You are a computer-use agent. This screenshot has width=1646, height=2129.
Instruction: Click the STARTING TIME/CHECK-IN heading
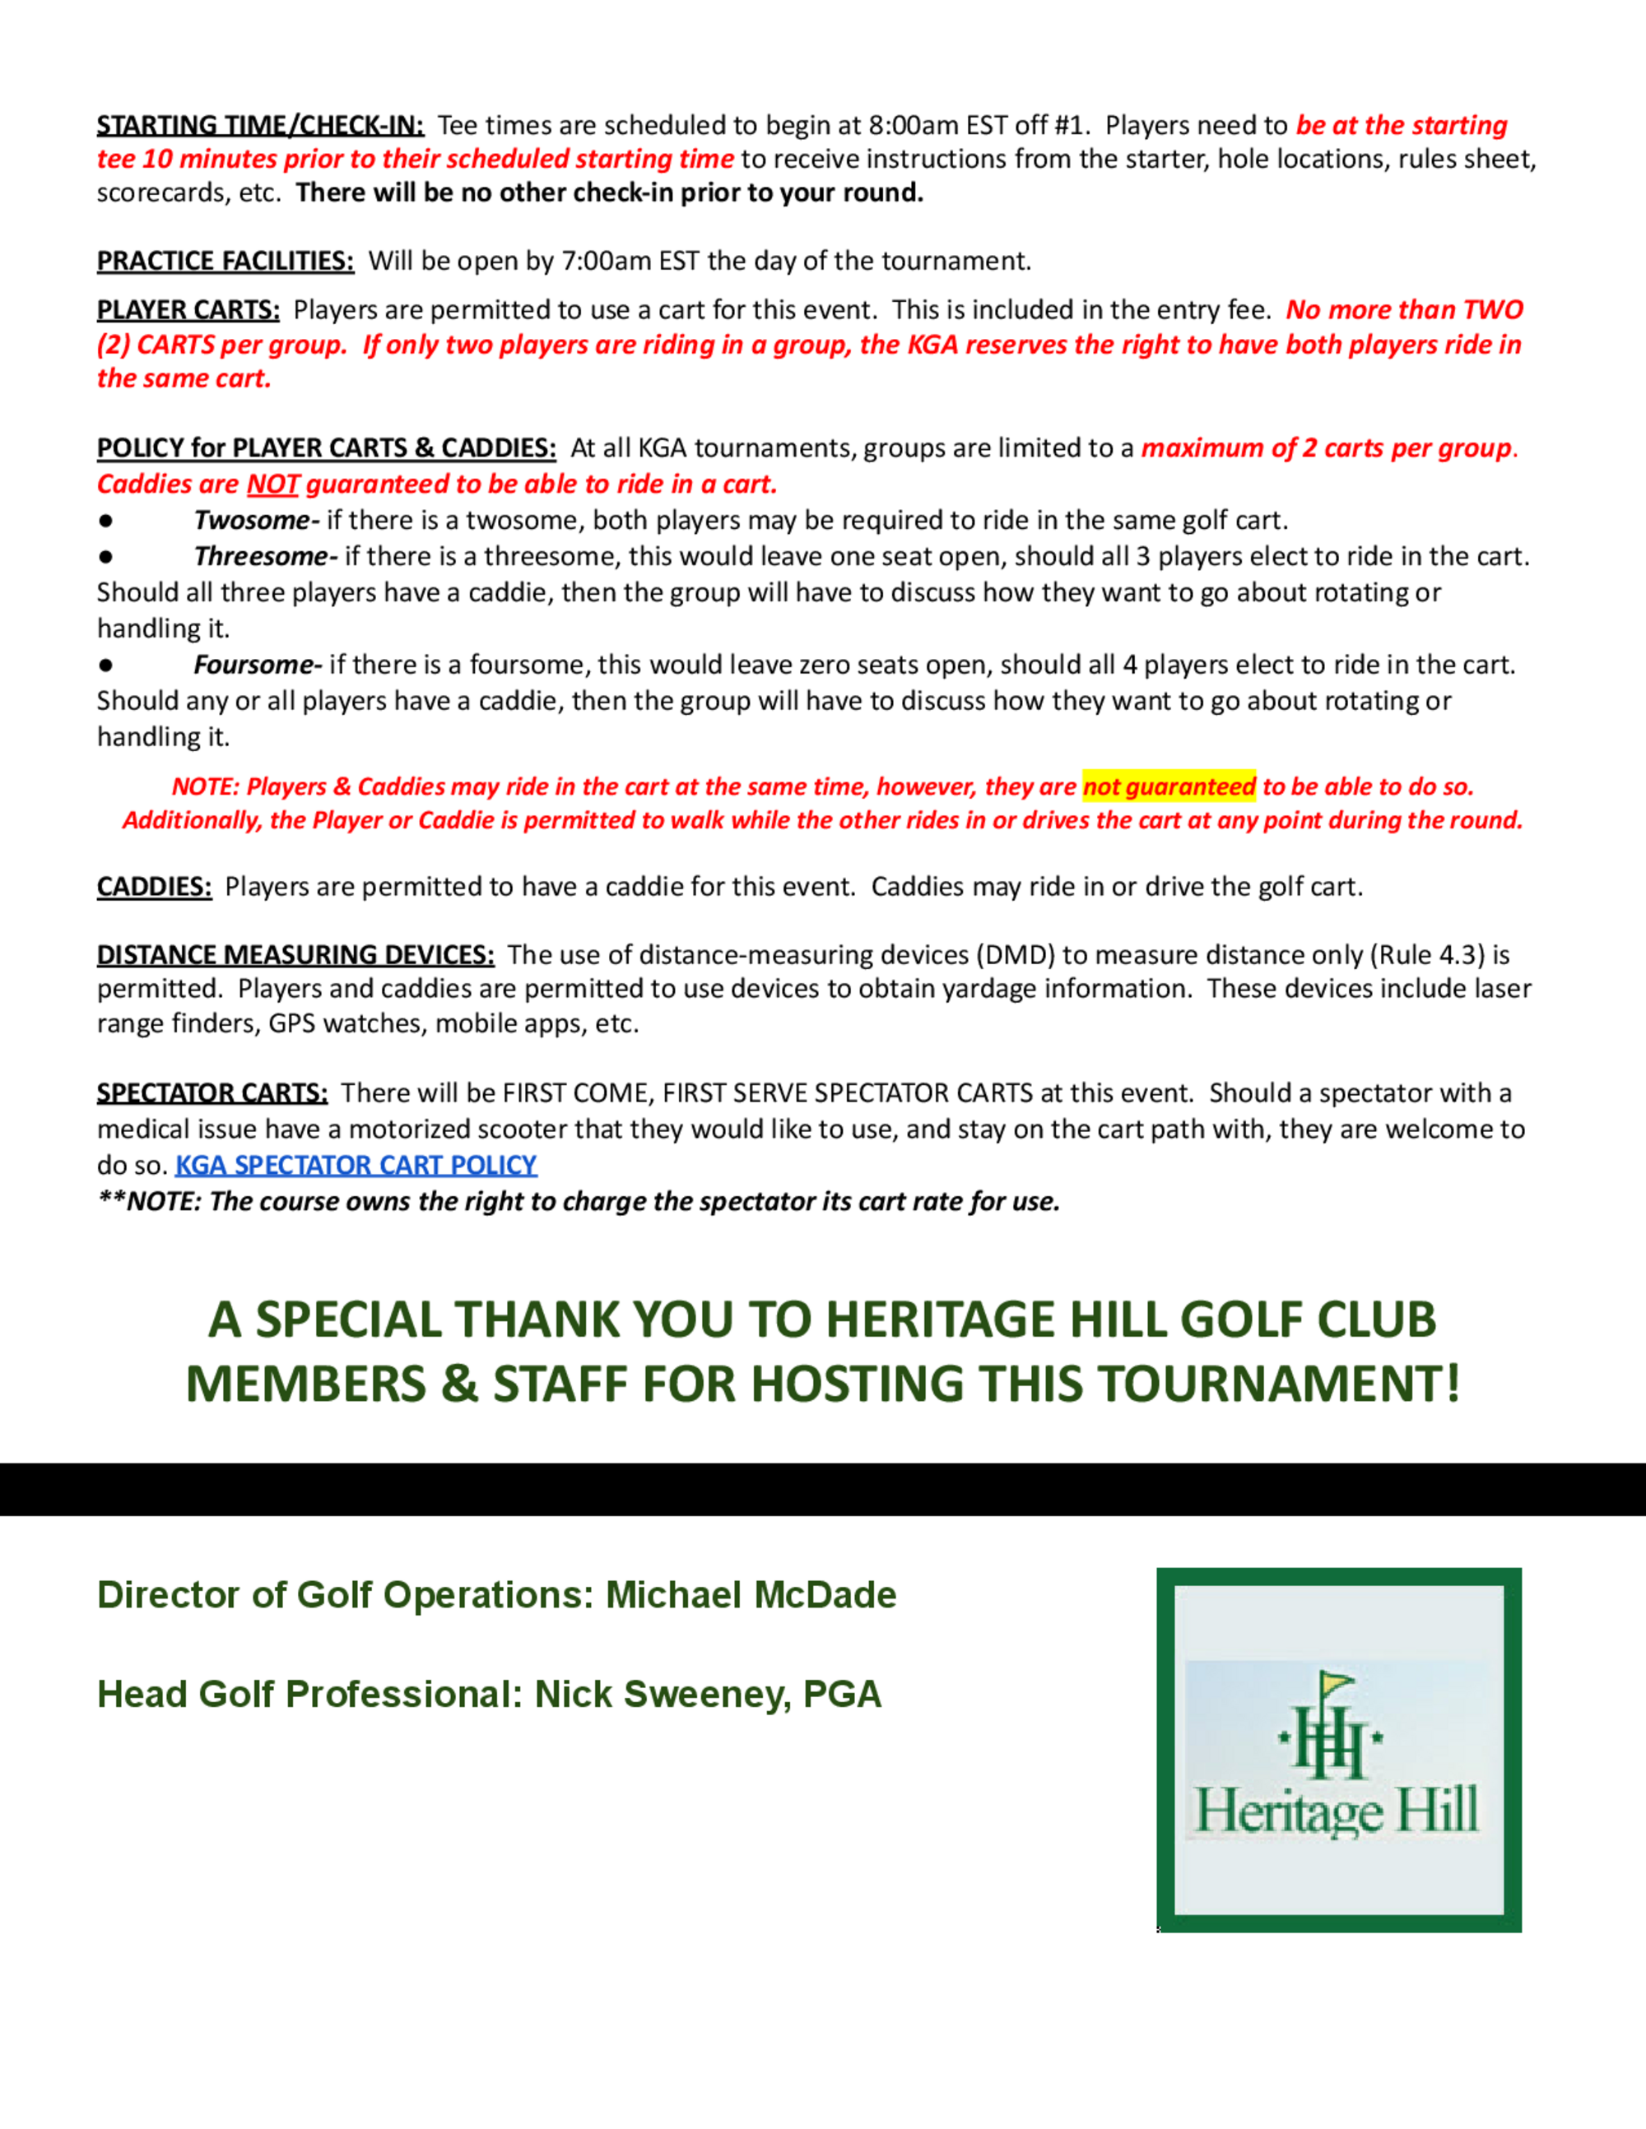pos(259,126)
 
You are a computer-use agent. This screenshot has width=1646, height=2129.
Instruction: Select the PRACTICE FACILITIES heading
pos(226,262)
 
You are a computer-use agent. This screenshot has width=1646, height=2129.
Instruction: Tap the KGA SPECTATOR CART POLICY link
pos(356,1165)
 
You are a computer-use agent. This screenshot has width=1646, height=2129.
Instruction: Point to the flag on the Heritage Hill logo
pos(1336,1682)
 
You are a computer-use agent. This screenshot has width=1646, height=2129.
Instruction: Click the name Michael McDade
pos(751,1595)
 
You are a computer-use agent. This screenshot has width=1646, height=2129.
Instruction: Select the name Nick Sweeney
pos(663,1694)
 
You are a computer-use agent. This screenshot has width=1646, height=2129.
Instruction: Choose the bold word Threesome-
pos(265,557)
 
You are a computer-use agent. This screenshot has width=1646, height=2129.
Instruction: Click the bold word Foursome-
pos(258,665)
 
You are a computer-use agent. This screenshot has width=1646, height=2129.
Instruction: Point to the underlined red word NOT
pos(272,485)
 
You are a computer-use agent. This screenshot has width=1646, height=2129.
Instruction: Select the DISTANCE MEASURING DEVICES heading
pos(295,954)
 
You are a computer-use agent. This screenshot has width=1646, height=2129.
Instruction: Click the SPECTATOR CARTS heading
pos(212,1092)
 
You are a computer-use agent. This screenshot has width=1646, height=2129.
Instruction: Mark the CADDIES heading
pos(154,886)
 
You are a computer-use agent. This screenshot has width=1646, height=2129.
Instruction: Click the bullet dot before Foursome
pos(105,666)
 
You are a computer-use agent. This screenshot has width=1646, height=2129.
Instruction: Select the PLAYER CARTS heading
pos(188,310)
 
